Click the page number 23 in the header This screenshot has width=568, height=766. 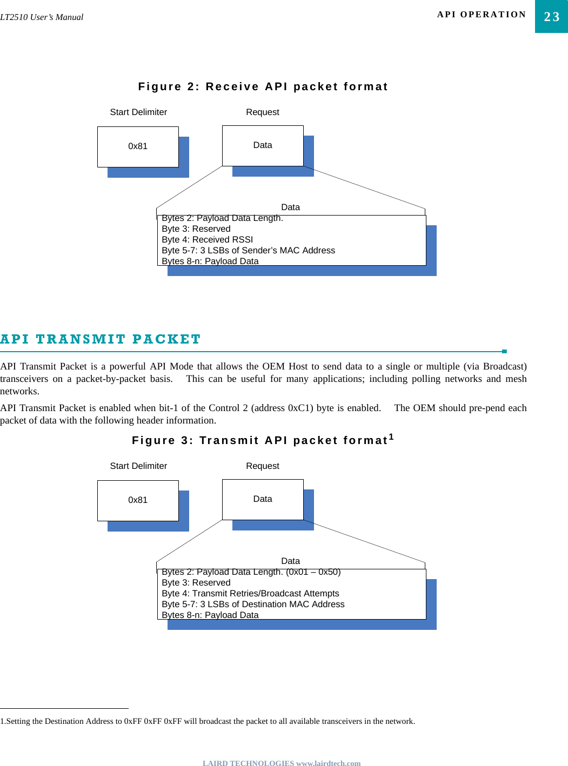(x=551, y=17)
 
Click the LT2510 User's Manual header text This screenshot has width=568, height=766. (x=42, y=17)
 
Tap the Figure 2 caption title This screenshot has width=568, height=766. (x=263, y=86)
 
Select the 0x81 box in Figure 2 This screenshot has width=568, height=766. (x=138, y=146)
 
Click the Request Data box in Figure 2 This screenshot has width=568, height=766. (x=263, y=145)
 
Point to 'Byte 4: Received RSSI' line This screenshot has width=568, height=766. (x=207, y=239)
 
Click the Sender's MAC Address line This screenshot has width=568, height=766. (x=248, y=250)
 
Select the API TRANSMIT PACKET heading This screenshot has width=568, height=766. (x=101, y=339)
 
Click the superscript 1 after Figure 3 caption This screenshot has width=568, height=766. (x=391, y=437)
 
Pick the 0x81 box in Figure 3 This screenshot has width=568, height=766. (x=138, y=500)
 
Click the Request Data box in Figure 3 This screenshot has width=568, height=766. (x=263, y=499)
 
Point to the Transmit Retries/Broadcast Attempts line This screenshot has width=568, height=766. (x=250, y=593)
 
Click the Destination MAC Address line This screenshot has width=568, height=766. (x=253, y=604)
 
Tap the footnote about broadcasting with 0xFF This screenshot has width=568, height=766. (x=208, y=721)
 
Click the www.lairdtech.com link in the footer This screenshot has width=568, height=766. (x=328, y=763)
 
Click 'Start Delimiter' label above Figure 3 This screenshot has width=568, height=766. (x=138, y=466)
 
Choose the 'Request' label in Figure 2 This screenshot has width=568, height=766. (x=263, y=112)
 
